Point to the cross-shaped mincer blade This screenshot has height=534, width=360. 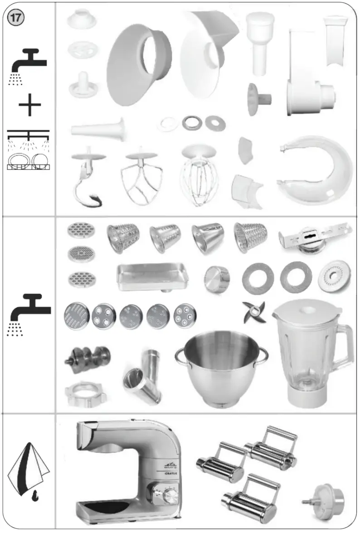(x=253, y=313)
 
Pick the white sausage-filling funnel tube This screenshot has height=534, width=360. (x=98, y=128)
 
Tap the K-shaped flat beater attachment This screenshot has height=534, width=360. (x=141, y=179)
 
